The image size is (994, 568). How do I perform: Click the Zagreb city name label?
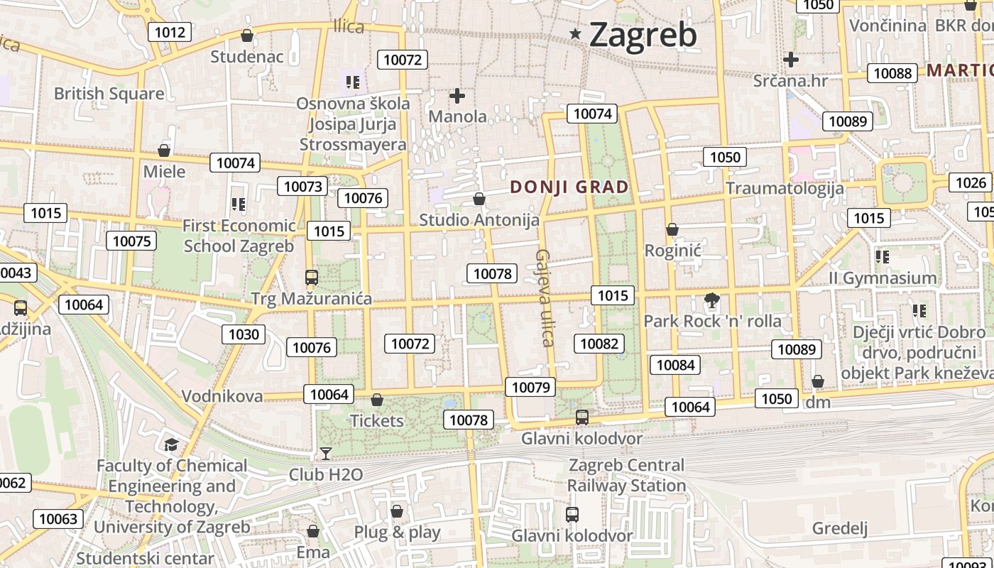[643, 34]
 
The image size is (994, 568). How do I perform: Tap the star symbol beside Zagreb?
[576, 33]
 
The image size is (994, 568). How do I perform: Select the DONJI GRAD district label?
[569, 187]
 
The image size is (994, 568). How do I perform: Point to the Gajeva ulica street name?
[544, 297]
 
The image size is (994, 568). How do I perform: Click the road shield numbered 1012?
[170, 32]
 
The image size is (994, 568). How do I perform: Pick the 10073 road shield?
[303, 187]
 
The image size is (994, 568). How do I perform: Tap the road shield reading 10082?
[599, 344]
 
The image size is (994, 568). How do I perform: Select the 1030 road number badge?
[244, 334]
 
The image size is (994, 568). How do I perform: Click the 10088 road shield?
[892, 73]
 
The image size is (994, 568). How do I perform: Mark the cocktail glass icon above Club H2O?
[326, 453]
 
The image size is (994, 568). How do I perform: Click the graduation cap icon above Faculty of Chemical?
[171, 445]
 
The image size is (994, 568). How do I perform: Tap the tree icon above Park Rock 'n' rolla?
[711, 300]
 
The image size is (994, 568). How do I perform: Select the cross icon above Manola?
[457, 95]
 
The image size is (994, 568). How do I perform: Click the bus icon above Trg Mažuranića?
[311, 278]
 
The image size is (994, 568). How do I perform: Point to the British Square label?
[109, 94]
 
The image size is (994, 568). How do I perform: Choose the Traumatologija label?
[785, 188]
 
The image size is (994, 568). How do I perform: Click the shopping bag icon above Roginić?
[672, 229]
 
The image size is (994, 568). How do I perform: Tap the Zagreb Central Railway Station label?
[626, 476]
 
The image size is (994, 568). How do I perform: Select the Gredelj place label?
[840, 528]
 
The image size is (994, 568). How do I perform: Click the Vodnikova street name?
[222, 396]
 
